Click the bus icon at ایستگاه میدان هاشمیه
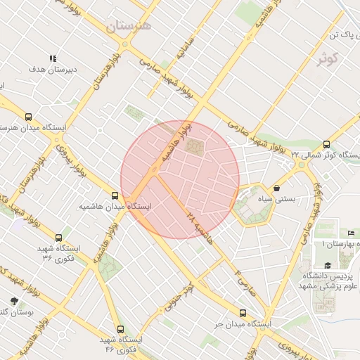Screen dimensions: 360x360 pyautogui.click(x=115, y=195)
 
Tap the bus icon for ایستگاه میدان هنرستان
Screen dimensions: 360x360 pyautogui.click(x=28, y=117)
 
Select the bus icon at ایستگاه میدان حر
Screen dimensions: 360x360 pyautogui.click(x=243, y=313)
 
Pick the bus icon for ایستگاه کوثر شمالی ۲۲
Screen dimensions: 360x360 pyautogui.click(x=326, y=143)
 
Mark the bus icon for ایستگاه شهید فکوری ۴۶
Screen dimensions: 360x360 pyautogui.click(x=120, y=328)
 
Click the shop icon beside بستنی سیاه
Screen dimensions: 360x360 pyautogui.click(x=278, y=188)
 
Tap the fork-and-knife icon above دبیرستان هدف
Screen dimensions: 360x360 pyautogui.click(x=52, y=59)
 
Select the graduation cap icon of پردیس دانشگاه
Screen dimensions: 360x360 pyautogui.click(x=328, y=265)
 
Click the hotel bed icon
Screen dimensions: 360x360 pyautogui.click(x=351, y=233)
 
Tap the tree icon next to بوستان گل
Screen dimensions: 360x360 pyautogui.click(x=13, y=300)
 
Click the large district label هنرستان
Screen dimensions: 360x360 pyautogui.click(x=129, y=27)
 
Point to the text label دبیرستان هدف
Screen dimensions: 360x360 pyautogui.click(x=51, y=71)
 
